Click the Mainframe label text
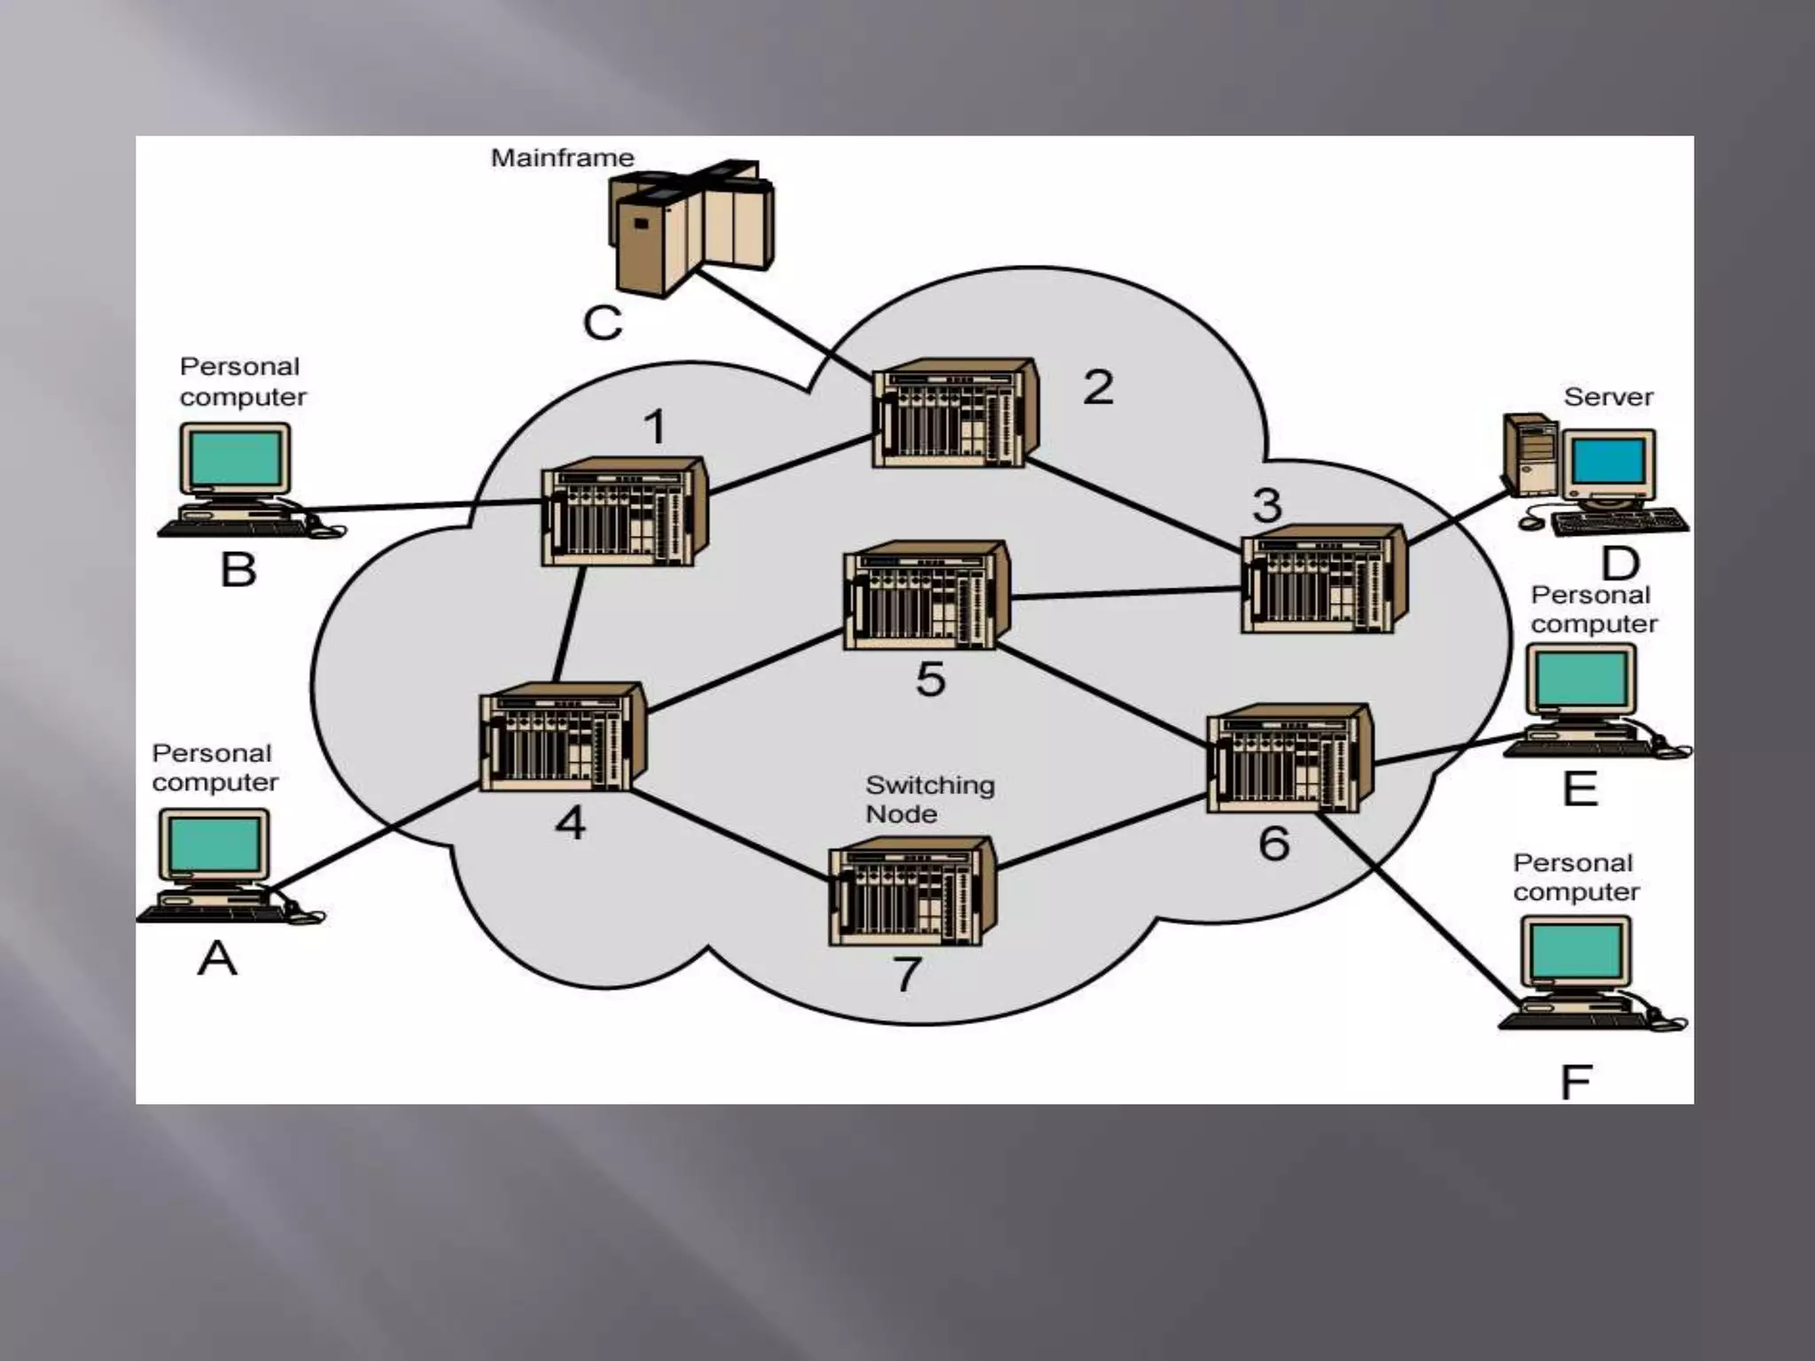(563, 158)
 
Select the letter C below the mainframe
(603, 323)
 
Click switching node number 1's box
(624, 512)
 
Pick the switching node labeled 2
(954, 413)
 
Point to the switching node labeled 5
(925, 595)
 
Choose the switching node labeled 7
(911, 892)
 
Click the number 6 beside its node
(1274, 843)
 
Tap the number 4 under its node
(571, 823)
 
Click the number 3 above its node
(1266, 505)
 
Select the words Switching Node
(930, 799)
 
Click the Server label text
(1608, 396)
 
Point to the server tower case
(1531, 455)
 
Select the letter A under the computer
(217, 958)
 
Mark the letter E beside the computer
(1580, 788)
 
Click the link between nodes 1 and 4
(569, 624)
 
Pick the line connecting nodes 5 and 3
(1126, 593)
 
